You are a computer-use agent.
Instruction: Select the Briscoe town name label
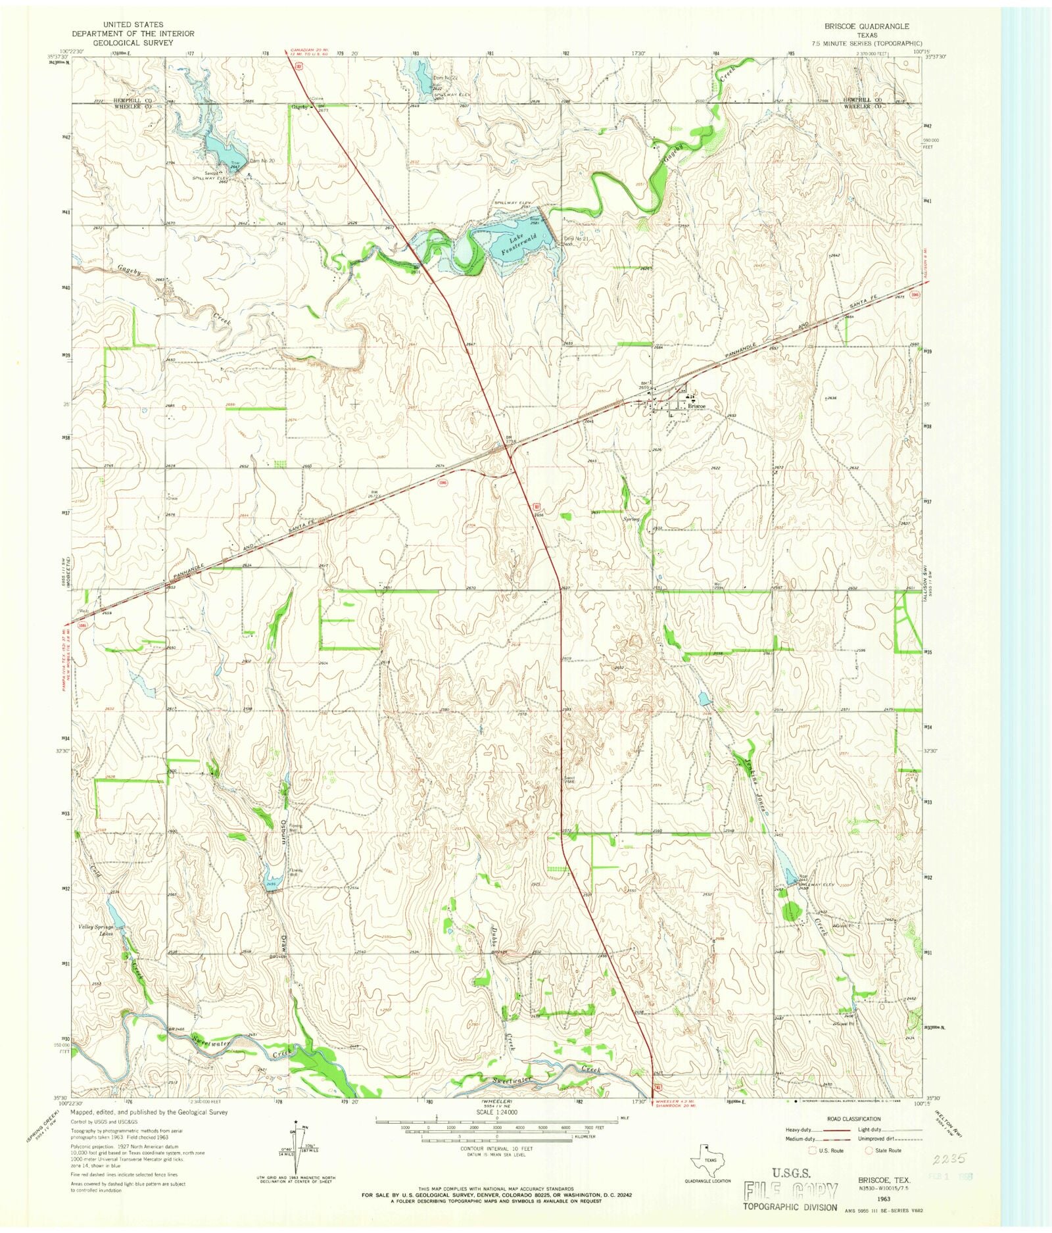[x=696, y=406]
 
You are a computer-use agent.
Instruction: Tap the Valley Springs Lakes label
[x=96, y=930]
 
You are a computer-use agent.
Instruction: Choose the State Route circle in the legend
[x=869, y=1151]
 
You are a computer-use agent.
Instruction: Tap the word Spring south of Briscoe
[x=631, y=520]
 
